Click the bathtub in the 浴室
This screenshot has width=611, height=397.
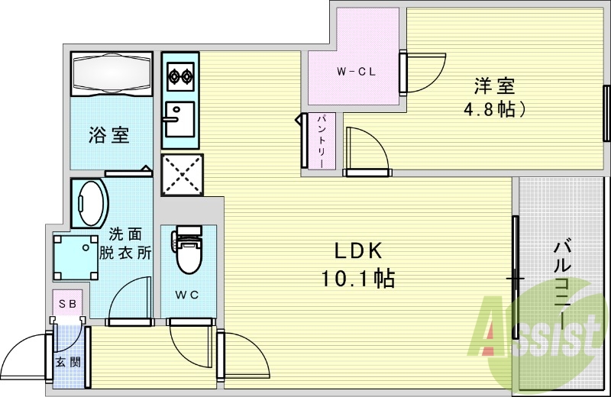coord(112,74)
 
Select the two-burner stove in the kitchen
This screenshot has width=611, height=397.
coord(180,76)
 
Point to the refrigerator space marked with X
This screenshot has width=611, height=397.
coord(183,175)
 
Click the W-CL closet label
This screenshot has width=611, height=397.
coord(354,73)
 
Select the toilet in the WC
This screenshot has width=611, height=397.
coord(187,251)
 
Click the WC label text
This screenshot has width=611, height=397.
coord(188,295)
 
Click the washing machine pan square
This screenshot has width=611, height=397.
coord(73,256)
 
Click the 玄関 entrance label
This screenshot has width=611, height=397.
coord(65,362)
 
